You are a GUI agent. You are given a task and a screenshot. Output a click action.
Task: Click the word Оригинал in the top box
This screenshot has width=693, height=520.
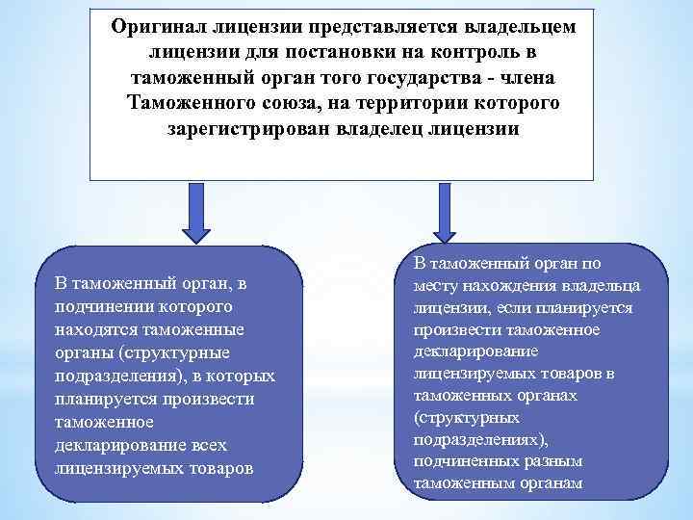coord(158,27)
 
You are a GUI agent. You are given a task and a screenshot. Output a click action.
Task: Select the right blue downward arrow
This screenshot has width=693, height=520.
coord(444,212)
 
